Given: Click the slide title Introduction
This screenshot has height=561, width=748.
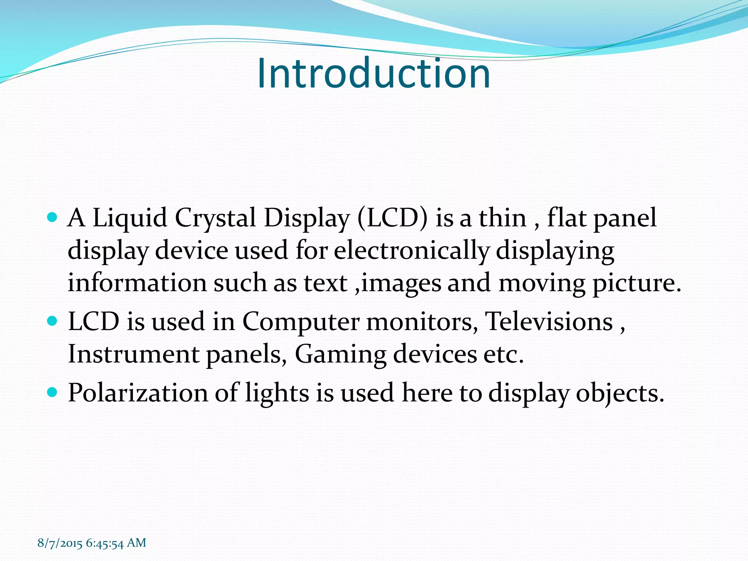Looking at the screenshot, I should (373, 73).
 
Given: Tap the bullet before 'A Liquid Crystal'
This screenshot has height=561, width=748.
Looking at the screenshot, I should (53, 218).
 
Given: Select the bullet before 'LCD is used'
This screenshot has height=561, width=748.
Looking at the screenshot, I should (53, 321).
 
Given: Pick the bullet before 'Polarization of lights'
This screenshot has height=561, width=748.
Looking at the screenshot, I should (53, 392).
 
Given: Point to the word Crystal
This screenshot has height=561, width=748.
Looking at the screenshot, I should (215, 218).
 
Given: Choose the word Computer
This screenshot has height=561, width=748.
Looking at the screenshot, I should (301, 322).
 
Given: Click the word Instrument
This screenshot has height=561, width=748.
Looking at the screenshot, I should (133, 354).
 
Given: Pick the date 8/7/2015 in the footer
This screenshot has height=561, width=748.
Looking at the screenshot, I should (60, 543).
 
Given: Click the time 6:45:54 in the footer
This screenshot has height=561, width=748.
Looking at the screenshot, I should (105, 543).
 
